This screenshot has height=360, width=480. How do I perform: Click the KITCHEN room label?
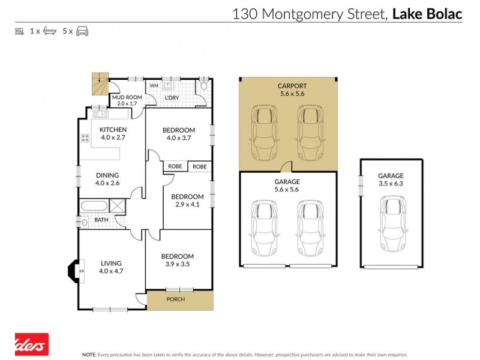click(x=113, y=130)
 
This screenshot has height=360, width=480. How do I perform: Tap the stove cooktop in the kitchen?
click(x=85, y=139)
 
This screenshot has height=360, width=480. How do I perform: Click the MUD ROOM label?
click(x=125, y=97)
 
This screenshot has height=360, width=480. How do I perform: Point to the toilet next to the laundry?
click(x=205, y=86)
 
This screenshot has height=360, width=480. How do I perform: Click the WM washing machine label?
click(x=154, y=86)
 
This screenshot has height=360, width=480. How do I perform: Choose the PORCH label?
click(x=175, y=299)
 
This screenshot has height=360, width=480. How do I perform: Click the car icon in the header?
click(x=82, y=31)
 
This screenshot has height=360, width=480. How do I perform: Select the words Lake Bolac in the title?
click(x=427, y=14)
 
